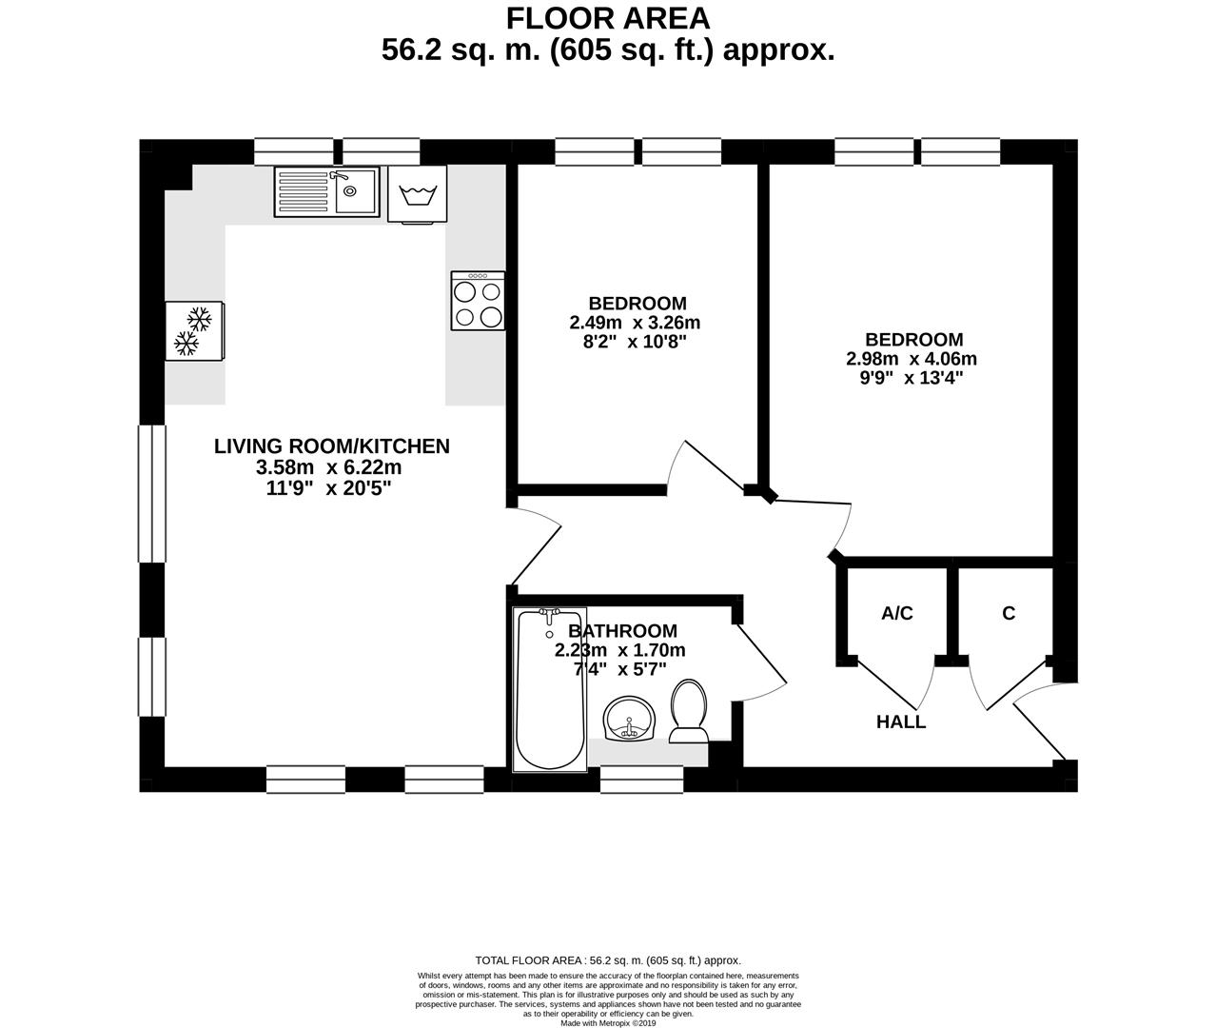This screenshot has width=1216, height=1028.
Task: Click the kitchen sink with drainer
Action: click(x=326, y=191)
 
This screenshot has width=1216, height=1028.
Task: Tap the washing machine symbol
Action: click(x=417, y=194)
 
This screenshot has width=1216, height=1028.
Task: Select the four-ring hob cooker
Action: click(x=478, y=302)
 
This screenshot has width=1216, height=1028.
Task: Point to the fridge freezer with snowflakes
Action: click(x=194, y=331)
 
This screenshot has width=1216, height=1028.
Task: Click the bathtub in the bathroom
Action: click(x=550, y=690)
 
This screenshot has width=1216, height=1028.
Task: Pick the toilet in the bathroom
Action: click(x=689, y=710)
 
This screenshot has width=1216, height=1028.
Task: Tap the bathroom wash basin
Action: click(x=630, y=718)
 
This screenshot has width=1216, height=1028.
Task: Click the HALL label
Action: click(x=901, y=722)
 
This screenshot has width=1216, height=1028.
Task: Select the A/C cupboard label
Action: click(x=897, y=613)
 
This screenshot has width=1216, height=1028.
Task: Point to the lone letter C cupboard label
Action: click(x=1009, y=613)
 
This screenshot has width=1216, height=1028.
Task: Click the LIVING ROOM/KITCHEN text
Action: click(x=332, y=446)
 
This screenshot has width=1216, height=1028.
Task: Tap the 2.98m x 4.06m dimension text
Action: click(x=912, y=359)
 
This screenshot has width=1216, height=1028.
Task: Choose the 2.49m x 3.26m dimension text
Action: click(x=635, y=323)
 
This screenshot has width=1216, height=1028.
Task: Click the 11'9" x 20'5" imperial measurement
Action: click(x=328, y=487)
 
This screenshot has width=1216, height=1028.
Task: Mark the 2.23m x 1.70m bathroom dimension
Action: click(x=619, y=650)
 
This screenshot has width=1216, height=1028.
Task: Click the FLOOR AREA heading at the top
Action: click(x=608, y=19)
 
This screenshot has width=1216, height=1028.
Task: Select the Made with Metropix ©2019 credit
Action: click(x=608, y=1022)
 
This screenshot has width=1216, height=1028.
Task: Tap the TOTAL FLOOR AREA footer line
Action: click(x=608, y=960)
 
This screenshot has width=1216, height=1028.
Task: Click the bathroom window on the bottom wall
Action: click(x=641, y=780)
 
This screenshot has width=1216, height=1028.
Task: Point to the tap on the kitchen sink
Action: click(x=339, y=175)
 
